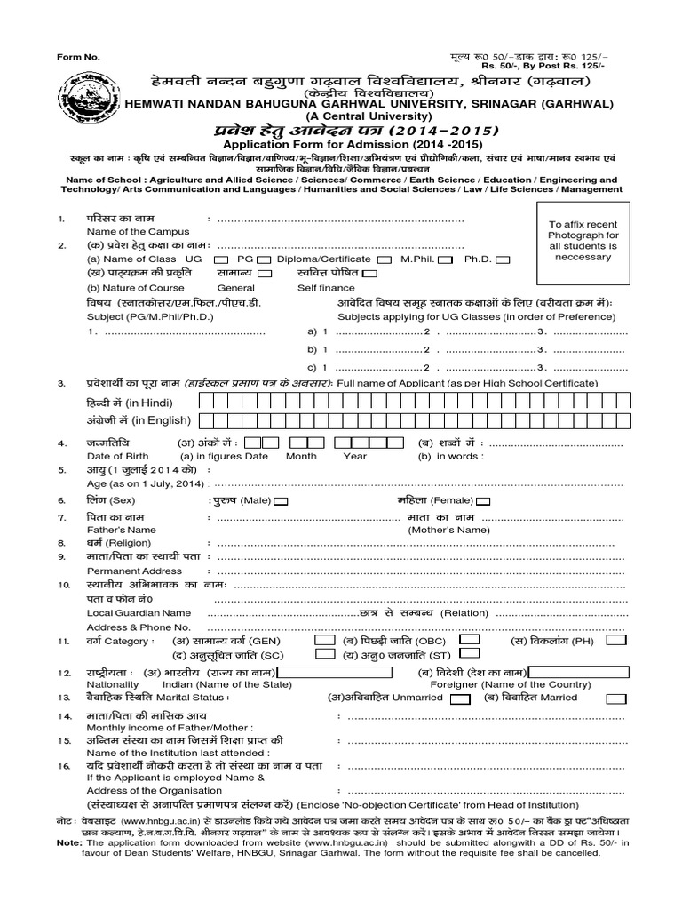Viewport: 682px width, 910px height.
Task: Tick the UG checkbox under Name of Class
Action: (x=195, y=259)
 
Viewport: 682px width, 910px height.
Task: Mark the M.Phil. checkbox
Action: (x=446, y=259)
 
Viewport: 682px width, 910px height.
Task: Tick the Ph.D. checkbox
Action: (x=503, y=259)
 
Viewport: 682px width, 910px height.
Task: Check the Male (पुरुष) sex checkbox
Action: (x=282, y=501)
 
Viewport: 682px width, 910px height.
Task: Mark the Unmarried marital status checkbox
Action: (x=460, y=698)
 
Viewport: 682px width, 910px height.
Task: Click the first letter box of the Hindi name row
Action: (x=207, y=403)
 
